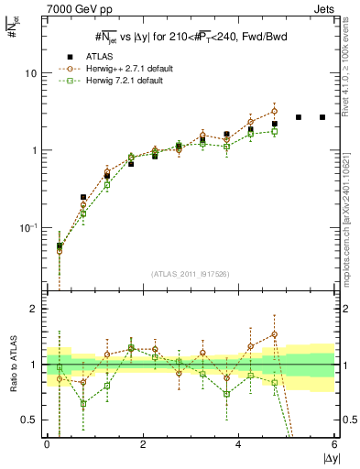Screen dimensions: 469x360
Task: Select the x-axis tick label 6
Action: [334, 445]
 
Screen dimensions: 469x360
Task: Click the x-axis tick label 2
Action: [143, 445]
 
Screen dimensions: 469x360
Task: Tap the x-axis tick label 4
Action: [238, 445]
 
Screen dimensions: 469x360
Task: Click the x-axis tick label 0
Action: [47, 445]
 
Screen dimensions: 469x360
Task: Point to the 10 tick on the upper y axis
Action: [32, 73]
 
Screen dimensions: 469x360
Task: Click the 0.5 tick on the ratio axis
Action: [31, 420]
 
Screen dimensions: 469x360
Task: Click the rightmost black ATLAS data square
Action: [322, 117]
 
